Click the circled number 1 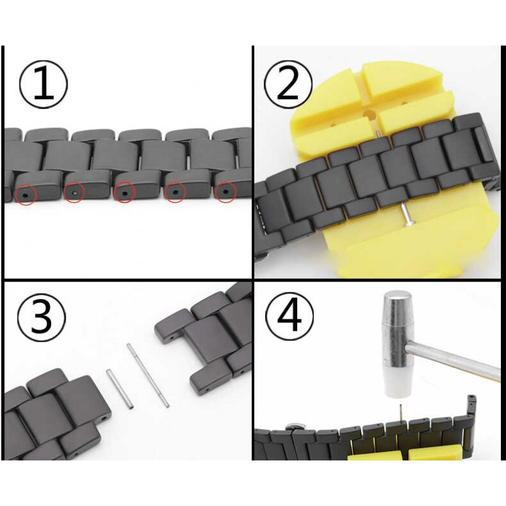[44, 85]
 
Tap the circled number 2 [288, 85]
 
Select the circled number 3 [41, 319]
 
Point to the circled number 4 [289, 318]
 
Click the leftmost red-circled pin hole [26, 195]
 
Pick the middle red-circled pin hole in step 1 [124, 192]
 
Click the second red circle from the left [74, 192]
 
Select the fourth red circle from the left [175, 192]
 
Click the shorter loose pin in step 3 [120, 390]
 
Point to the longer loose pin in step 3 [148, 375]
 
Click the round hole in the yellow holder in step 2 [369, 114]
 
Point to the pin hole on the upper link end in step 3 [171, 338]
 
